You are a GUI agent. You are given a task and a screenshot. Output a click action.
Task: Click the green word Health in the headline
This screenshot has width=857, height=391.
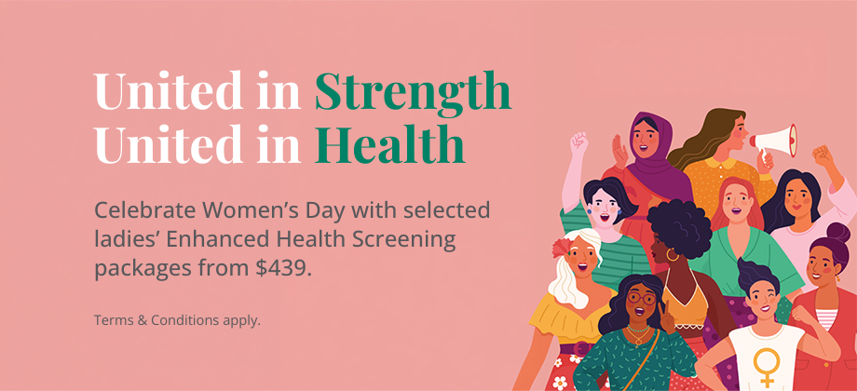point(389,146)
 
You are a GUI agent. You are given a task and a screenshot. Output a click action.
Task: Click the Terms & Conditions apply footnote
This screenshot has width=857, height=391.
point(177,320)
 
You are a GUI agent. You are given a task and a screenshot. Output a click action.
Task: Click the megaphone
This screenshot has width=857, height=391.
point(774,141)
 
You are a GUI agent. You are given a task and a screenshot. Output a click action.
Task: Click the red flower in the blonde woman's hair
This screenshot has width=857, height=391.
point(561,248)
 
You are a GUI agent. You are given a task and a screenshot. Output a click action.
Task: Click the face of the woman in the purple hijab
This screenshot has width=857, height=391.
point(646,141)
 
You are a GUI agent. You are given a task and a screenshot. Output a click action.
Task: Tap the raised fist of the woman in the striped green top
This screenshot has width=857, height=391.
point(578,144)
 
